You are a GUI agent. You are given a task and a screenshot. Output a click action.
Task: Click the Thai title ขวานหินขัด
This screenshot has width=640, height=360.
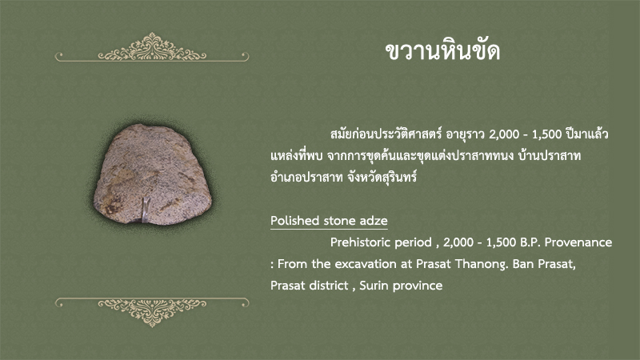click(x=443, y=50)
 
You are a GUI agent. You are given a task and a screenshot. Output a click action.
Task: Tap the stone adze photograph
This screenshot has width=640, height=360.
click(x=153, y=174)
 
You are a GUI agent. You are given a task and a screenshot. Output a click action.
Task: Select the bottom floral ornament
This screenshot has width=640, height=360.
click(x=152, y=312)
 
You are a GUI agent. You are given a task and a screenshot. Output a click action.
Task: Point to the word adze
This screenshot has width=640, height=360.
click(x=374, y=221)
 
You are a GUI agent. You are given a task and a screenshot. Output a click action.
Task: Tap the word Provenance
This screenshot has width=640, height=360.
click(x=578, y=242)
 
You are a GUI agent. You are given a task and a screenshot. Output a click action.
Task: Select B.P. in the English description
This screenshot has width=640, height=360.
click(x=530, y=242)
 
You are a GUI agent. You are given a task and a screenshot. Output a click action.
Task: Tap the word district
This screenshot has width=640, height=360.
click(x=330, y=286)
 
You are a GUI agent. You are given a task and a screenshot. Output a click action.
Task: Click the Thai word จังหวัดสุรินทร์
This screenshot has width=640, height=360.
click(x=382, y=178)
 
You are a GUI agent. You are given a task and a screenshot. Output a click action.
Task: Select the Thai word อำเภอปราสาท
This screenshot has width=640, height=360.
click(x=306, y=178)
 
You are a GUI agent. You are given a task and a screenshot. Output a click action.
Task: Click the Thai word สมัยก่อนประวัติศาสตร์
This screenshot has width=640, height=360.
click(x=386, y=134)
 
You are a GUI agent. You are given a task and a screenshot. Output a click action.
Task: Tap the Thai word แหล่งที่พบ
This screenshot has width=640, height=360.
click(x=296, y=155)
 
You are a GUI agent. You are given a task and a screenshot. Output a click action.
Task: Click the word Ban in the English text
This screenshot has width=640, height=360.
click(x=523, y=264)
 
